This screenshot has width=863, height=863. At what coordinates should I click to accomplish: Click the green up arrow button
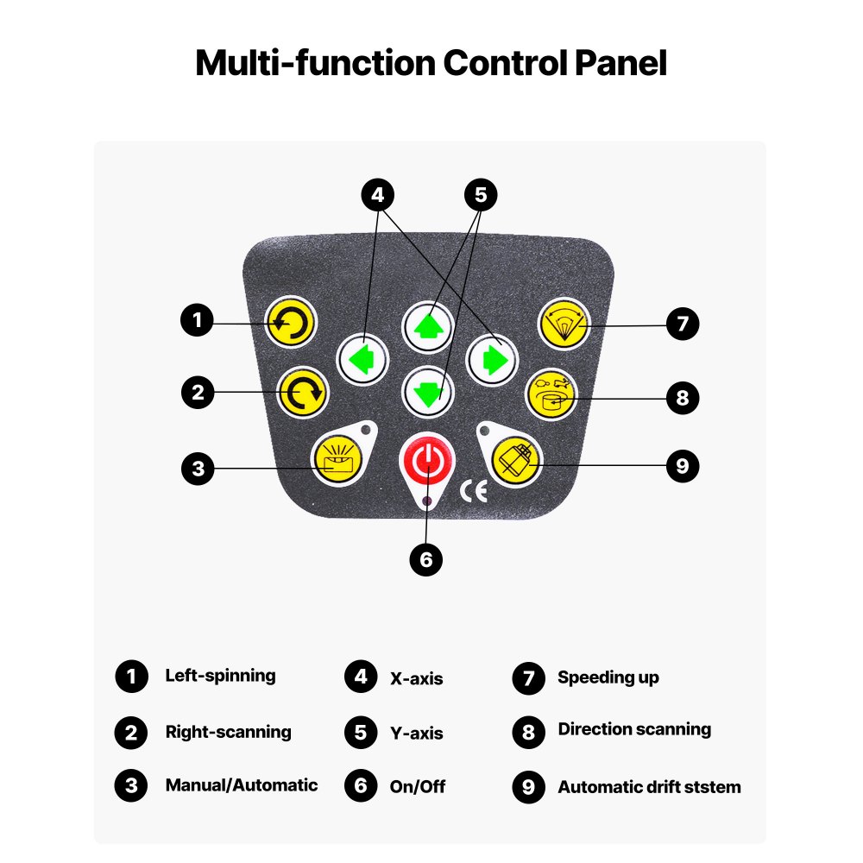coord(428,327)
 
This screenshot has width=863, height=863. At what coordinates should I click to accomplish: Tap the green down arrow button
coord(428,389)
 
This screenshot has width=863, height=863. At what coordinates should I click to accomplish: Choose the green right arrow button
coord(492,358)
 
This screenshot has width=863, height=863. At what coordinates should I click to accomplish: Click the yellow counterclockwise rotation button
coord(290,324)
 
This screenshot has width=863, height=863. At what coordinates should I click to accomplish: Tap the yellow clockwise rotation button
coord(302,393)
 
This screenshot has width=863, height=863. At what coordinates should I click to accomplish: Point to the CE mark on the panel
coord(474,491)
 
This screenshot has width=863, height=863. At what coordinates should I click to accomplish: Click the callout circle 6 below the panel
coord(426,559)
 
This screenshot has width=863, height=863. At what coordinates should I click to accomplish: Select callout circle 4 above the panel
coord(376,195)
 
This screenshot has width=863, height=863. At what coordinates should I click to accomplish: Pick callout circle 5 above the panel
coord(481,195)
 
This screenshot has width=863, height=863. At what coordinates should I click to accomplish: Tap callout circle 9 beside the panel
coord(682,466)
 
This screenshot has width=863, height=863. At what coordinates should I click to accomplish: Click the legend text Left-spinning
coord(220,676)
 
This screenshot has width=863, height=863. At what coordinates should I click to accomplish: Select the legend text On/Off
coord(418,786)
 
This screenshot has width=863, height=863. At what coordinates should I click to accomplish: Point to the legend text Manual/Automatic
coord(242,785)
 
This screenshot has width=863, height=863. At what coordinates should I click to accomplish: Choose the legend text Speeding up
coord(608,677)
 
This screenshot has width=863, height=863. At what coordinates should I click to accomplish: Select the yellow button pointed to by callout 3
coord(337,458)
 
